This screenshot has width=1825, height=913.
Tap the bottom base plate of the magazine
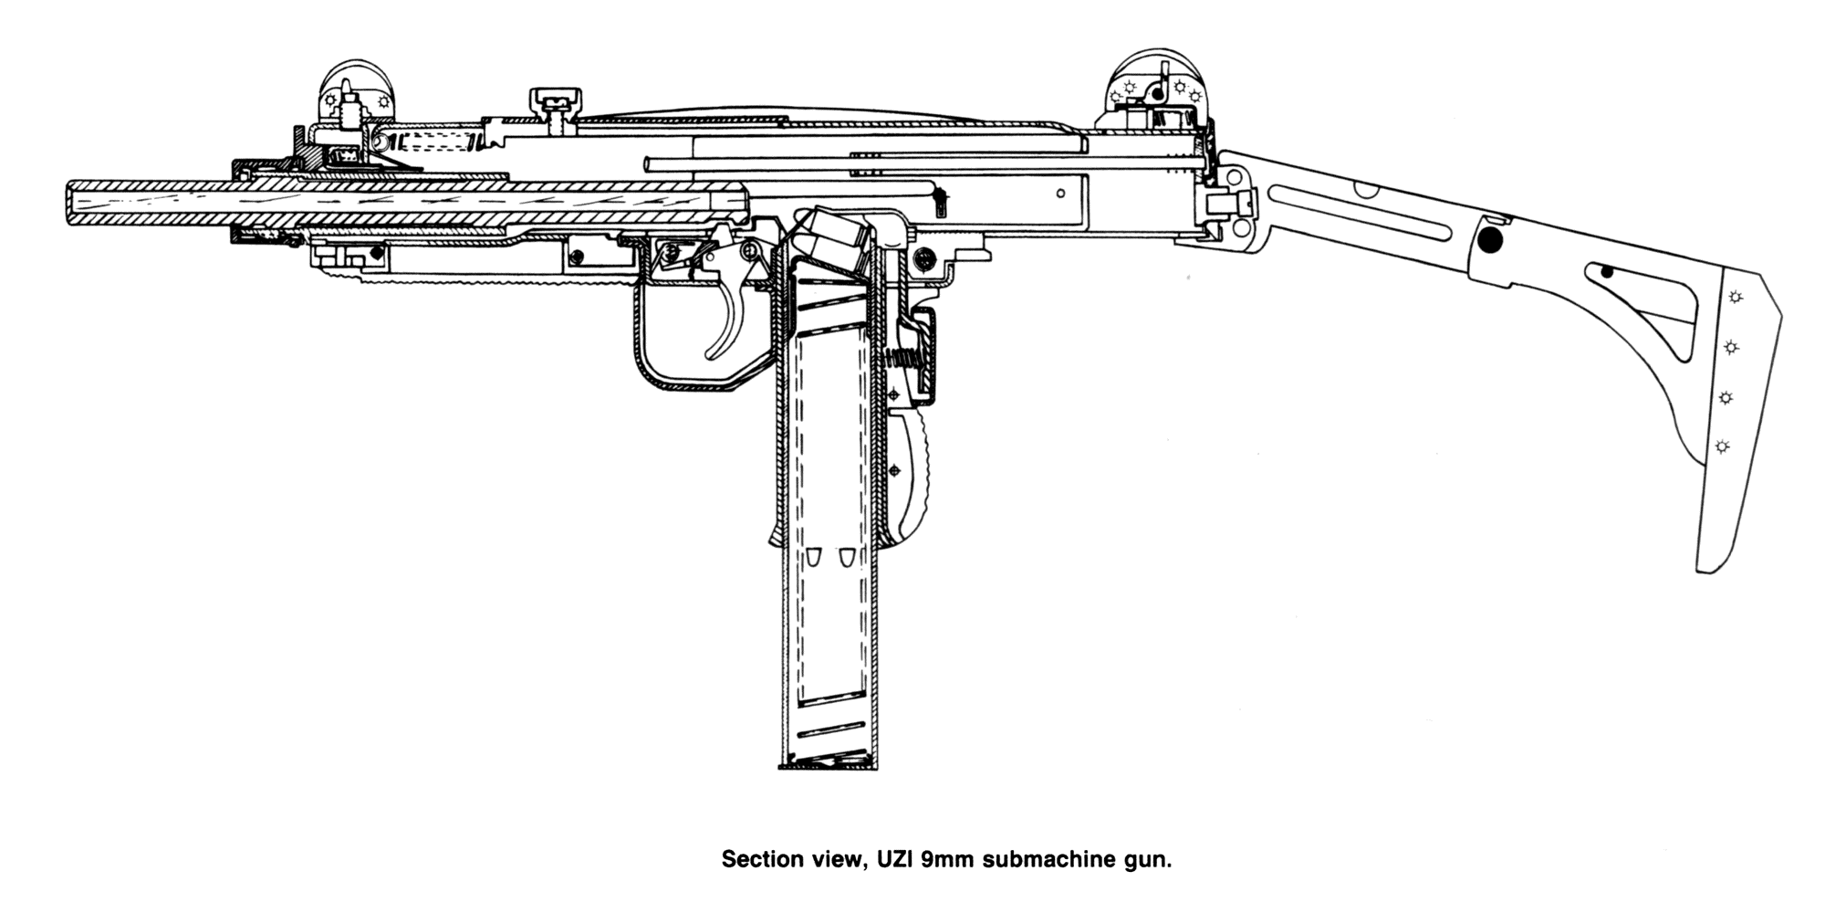(828, 765)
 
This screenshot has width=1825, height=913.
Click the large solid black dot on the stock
(1489, 241)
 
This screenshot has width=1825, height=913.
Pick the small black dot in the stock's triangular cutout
(1607, 272)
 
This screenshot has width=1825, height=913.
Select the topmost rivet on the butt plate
(1733, 297)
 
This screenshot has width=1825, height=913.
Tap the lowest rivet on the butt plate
(1722, 446)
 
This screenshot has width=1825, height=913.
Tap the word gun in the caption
(1149, 859)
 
